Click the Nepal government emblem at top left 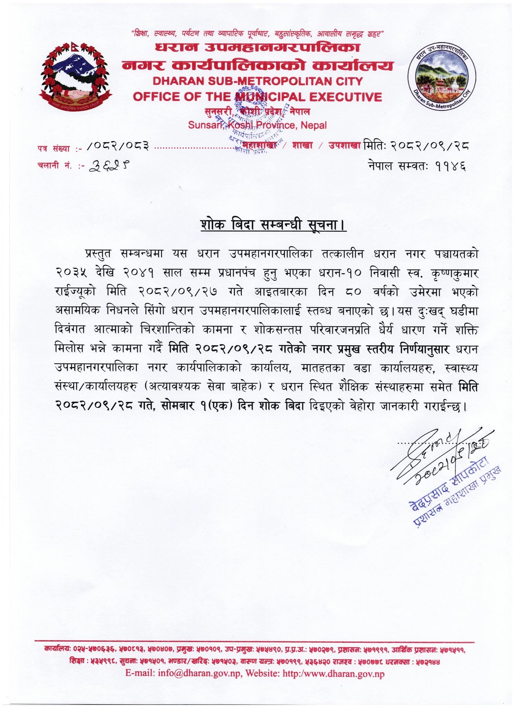click(x=75, y=75)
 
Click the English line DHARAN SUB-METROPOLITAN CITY click(x=258, y=81)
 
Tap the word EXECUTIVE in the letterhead click(x=346, y=97)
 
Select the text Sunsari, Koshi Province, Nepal click(x=257, y=125)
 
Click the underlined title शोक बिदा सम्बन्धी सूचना click(x=273, y=225)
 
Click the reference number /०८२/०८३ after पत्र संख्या click(x=118, y=147)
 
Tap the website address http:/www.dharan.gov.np click(x=333, y=674)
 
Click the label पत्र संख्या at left click(x=54, y=149)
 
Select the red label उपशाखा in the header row click(x=344, y=145)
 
